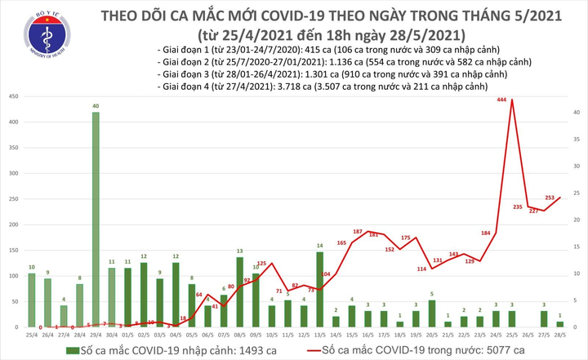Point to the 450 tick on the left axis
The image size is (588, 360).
(x=13, y=97)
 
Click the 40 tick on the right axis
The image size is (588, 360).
(x=575, y=113)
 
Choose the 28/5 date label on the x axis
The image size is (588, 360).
(x=559, y=335)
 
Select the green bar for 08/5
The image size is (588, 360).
(x=239, y=291)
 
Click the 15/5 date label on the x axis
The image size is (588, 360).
(x=352, y=335)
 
